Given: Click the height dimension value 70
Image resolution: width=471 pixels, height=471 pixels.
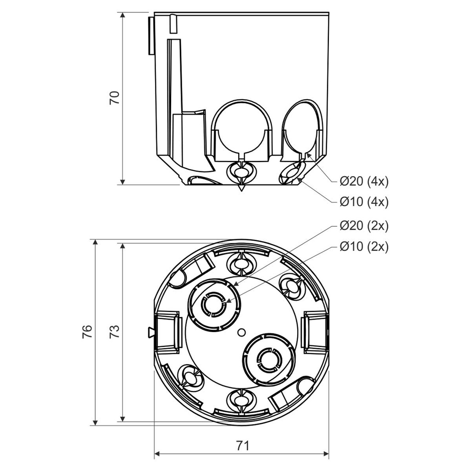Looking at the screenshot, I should (115, 98).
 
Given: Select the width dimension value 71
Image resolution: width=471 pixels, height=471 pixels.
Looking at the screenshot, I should (242, 445).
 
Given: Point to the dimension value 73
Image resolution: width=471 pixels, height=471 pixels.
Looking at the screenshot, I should (115, 332).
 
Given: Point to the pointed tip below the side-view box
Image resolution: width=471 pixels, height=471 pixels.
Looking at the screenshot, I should (241, 188).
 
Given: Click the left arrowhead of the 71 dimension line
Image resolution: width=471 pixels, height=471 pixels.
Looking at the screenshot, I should (157, 454).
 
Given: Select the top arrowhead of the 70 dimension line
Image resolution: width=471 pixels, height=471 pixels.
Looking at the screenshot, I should (123, 15).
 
